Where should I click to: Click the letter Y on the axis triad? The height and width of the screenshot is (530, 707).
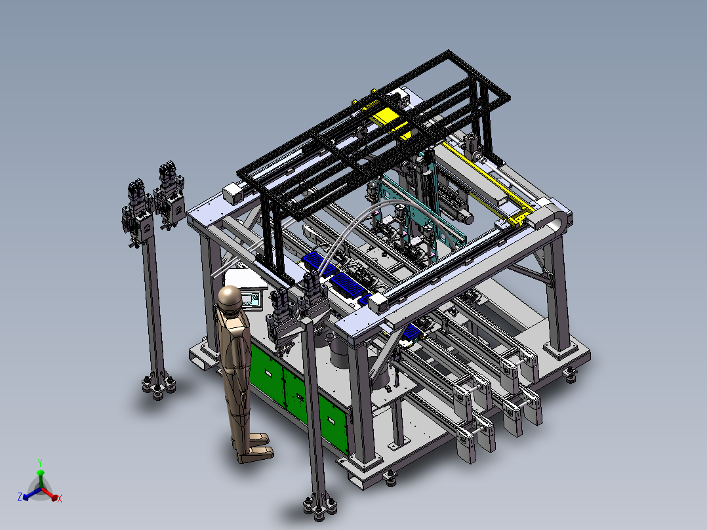40,463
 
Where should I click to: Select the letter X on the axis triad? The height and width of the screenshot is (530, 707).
60,499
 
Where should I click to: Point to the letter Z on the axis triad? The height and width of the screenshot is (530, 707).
20,497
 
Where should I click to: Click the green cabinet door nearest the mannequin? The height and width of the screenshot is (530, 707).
266,372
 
